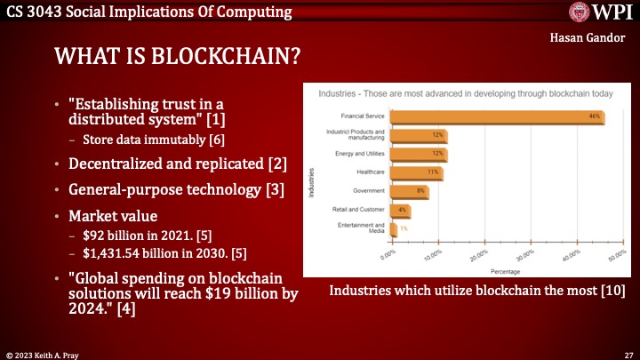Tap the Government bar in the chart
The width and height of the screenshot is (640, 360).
410,190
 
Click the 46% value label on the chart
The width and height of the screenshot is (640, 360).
592,116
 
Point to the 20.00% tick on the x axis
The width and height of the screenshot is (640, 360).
477,256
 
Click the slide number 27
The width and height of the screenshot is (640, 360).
628,353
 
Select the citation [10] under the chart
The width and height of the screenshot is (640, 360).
613,291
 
